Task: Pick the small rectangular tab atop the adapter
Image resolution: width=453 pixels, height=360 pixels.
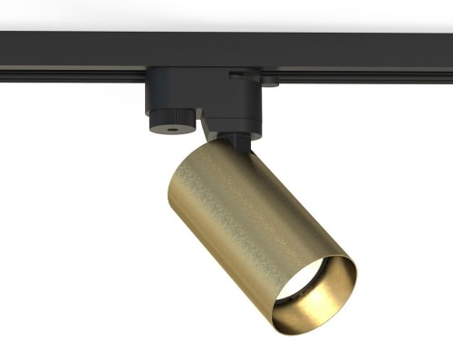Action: pos(237,70)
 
